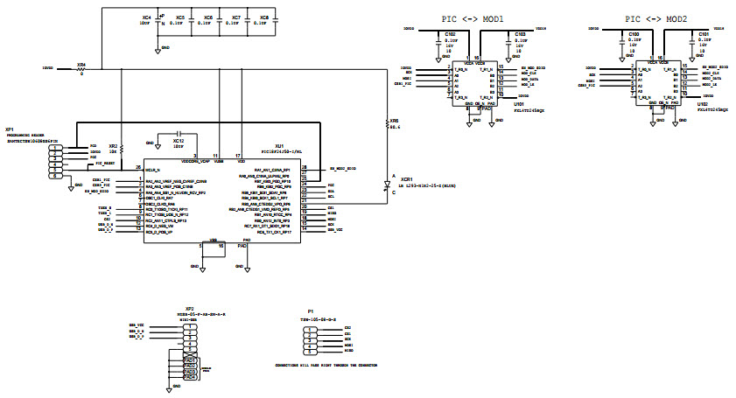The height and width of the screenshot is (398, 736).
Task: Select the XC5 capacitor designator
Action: click(179, 17)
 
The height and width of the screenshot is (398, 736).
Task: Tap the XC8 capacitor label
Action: click(263, 17)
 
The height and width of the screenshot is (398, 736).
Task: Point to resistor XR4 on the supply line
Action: click(81, 65)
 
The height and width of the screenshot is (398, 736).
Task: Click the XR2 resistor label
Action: click(112, 146)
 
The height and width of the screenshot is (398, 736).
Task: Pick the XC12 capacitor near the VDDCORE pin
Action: click(178, 140)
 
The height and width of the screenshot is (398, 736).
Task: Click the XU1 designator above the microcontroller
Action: click(279, 146)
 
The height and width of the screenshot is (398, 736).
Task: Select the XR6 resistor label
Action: click(394, 122)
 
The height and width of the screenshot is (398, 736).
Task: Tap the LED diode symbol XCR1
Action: click(387, 185)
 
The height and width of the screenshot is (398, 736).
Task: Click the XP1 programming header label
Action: click(9, 129)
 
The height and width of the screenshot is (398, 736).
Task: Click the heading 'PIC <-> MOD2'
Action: click(655, 17)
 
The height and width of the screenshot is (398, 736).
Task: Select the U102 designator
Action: click(702, 103)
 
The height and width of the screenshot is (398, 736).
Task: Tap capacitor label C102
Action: click(450, 34)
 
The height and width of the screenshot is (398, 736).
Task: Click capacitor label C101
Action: click(703, 34)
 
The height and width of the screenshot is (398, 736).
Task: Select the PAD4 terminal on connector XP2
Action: click(190, 377)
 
